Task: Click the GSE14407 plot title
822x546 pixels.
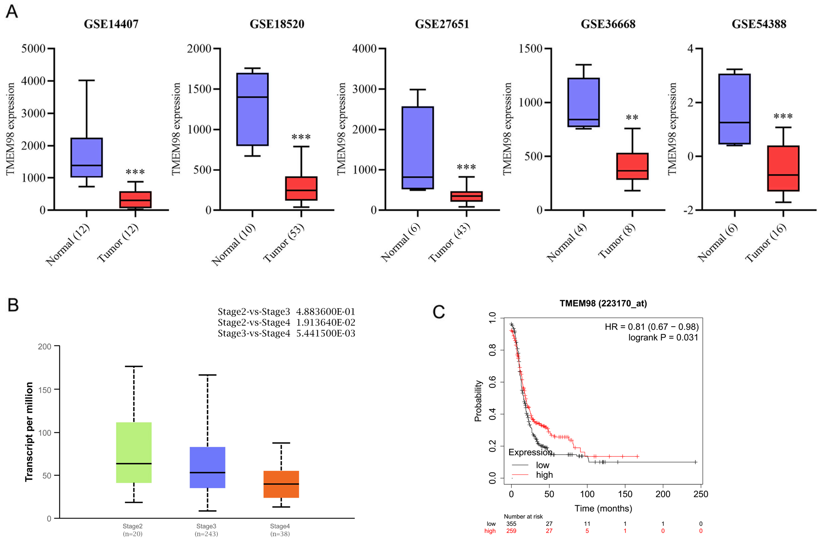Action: (x=111, y=24)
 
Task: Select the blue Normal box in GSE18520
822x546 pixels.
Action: (x=252, y=109)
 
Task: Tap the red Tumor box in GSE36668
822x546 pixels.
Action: (x=632, y=166)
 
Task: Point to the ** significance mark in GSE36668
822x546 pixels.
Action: (x=632, y=118)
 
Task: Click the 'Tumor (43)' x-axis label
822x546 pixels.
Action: (x=449, y=243)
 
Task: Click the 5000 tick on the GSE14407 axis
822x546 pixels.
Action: (x=33, y=48)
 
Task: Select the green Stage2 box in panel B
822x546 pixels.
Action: (x=134, y=452)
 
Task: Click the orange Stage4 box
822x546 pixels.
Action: (x=281, y=484)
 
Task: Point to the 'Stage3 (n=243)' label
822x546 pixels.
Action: (x=206, y=530)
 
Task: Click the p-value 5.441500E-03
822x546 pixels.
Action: (x=326, y=333)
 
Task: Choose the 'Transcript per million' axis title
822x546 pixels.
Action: (x=29, y=431)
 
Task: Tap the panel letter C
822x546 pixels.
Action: (x=439, y=312)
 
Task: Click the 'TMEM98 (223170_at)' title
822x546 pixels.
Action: (x=603, y=304)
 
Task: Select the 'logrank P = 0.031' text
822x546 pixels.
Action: (x=663, y=338)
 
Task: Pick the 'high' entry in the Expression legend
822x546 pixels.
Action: (x=544, y=475)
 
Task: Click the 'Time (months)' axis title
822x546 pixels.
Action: (x=603, y=509)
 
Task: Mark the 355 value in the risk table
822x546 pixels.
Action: (x=511, y=524)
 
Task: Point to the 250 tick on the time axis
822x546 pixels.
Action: (x=701, y=494)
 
